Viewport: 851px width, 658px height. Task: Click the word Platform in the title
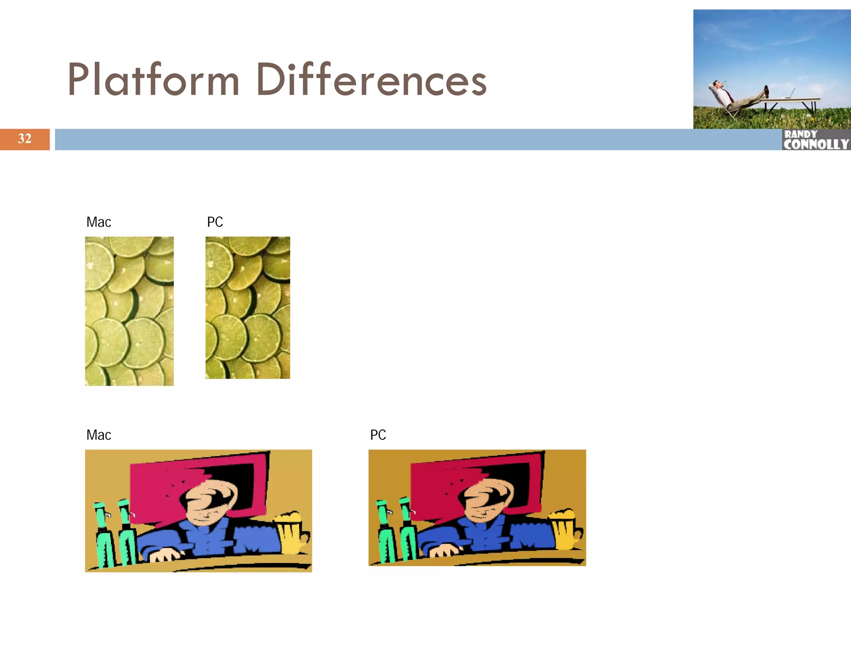coord(153,80)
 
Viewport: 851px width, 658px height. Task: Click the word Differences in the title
coord(371,80)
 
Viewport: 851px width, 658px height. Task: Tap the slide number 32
coord(25,139)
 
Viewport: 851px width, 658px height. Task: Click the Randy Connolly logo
coord(816,140)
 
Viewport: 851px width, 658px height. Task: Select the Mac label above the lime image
coord(98,222)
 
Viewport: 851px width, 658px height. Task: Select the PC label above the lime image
coord(215,222)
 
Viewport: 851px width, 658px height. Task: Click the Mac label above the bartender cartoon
coord(98,435)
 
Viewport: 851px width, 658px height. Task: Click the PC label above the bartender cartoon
coord(378,435)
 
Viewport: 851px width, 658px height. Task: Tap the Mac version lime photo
coord(129,311)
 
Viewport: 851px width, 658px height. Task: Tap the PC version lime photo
coord(248,308)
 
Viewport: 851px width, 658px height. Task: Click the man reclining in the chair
coord(735,98)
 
